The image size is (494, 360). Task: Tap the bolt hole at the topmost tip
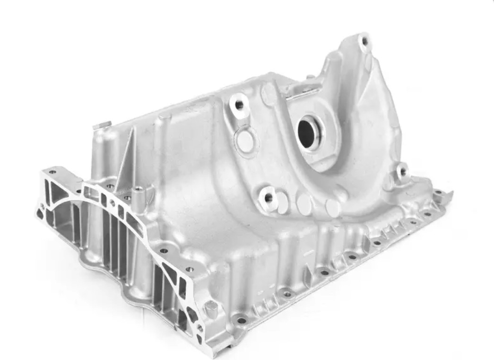coord(364,41)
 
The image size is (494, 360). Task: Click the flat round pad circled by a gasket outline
coord(246,140)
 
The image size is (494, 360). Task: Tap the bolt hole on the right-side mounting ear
coord(403,171)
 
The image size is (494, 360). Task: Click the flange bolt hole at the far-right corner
coord(437,193)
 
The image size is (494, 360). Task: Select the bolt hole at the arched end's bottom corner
coord(200,327)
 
